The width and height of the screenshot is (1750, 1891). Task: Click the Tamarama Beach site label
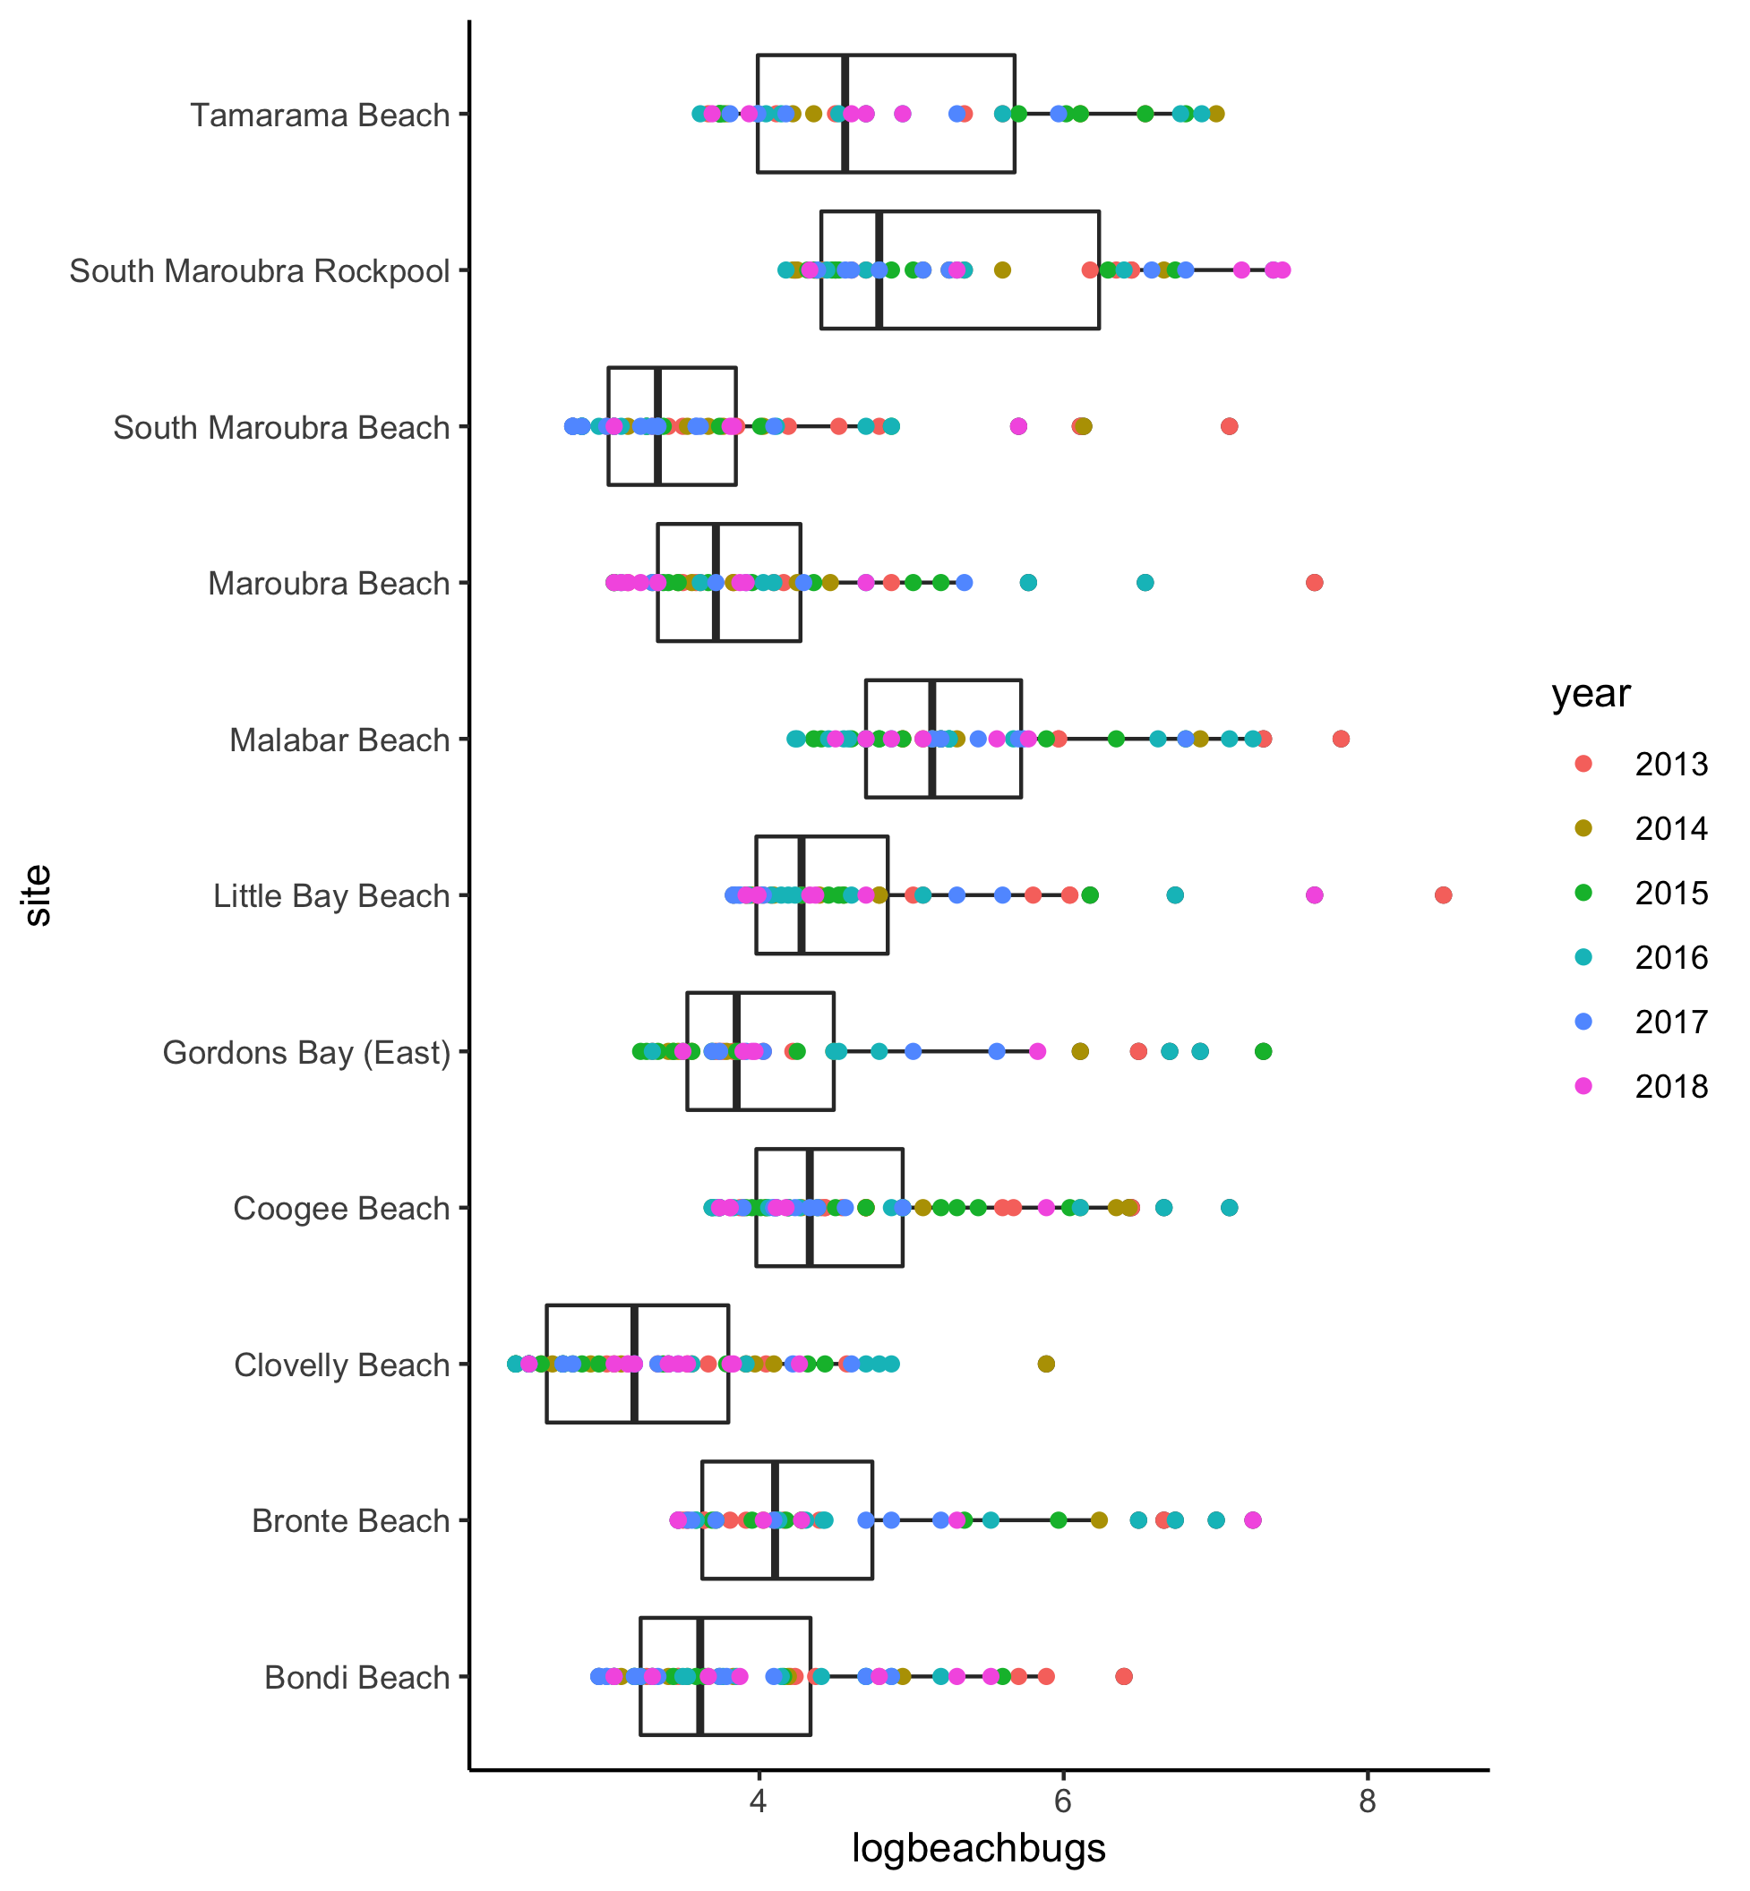click(319, 116)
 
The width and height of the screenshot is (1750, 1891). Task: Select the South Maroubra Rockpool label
click(259, 272)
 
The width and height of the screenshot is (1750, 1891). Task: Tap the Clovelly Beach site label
click(341, 1365)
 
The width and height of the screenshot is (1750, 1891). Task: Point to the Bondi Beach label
click(356, 1678)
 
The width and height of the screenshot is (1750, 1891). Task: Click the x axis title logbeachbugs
click(978, 1847)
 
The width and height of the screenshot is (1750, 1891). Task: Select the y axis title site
click(38, 894)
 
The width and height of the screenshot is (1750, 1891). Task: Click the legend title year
click(1590, 694)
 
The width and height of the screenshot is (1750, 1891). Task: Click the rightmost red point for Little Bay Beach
click(1443, 894)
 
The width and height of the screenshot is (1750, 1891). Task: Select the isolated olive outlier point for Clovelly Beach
click(1045, 1364)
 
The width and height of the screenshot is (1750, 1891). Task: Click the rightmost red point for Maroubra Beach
click(1314, 582)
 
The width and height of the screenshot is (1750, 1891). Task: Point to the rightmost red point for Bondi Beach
click(1124, 1677)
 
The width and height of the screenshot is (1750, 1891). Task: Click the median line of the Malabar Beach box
click(932, 739)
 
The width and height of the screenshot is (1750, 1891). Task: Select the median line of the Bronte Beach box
click(776, 1520)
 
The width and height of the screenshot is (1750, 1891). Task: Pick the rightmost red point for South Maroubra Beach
click(1229, 426)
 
